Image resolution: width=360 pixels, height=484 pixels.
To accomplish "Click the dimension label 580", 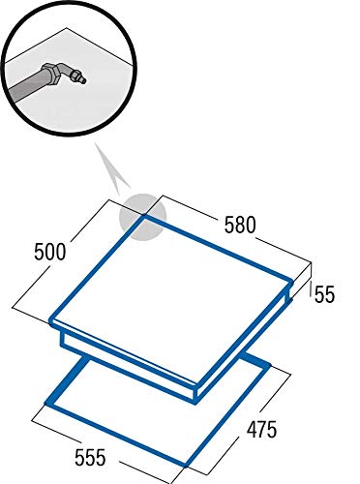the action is point(240,225).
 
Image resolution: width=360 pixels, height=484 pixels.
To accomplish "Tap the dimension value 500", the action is point(50,252).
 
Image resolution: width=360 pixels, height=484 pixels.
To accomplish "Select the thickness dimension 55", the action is point(324,294).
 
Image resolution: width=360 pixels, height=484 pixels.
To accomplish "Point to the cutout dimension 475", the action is point(261,429).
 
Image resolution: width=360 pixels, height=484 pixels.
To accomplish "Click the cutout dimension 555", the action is point(90,457).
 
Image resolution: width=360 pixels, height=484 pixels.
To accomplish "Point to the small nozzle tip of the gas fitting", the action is point(83,80).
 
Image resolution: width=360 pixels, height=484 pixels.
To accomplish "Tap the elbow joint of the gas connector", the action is point(66,72).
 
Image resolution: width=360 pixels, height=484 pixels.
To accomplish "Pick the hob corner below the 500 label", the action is point(52,321).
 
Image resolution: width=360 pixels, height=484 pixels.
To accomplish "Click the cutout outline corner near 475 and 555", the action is point(187,465).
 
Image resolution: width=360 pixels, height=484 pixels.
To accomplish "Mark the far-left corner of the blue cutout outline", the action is point(47,403).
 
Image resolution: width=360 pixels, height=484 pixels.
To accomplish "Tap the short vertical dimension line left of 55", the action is point(311,288).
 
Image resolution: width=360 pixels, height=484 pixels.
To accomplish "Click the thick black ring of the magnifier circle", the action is point(69,134).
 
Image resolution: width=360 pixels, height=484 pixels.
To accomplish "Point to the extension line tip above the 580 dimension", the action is point(162,196).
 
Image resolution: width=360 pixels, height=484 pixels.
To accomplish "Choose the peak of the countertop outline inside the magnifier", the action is point(67,28).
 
